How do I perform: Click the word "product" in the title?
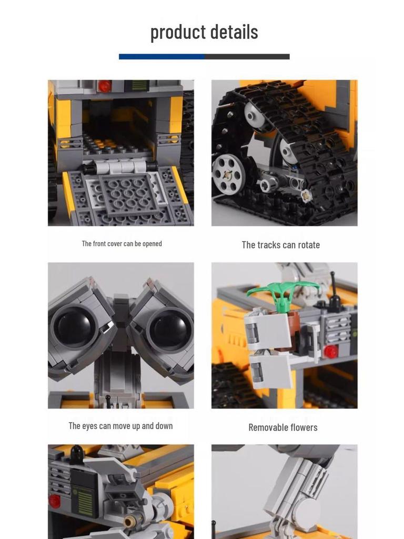(x=176, y=33)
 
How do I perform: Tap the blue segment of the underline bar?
(x=161, y=56)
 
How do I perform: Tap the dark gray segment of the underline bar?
(x=247, y=56)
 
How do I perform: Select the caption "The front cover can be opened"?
(x=122, y=244)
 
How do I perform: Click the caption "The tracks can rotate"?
(x=280, y=245)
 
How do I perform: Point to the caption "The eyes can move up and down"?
(x=120, y=426)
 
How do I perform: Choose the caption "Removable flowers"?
(x=282, y=427)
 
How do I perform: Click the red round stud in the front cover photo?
(x=105, y=86)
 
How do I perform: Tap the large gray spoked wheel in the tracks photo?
(x=229, y=174)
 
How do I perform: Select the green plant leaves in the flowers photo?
(x=283, y=290)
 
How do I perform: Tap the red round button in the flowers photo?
(x=331, y=351)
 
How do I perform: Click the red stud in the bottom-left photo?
(x=54, y=501)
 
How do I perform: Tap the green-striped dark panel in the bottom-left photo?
(x=84, y=494)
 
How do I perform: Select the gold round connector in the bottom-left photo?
(x=129, y=522)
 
